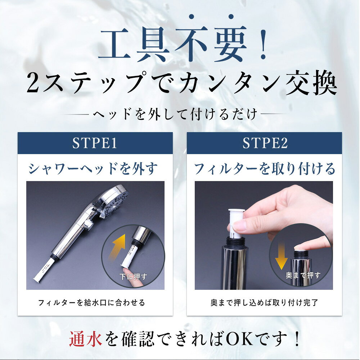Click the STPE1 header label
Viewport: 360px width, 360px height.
point(95,143)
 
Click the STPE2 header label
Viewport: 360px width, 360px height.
point(265,143)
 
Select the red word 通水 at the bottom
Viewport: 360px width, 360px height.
point(86,339)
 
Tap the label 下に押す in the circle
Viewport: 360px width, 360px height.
point(133,277)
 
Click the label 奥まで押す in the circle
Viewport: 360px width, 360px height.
point(303,275)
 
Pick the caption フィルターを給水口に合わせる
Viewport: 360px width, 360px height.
point(91,303)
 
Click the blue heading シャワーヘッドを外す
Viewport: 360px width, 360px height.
point(93,168)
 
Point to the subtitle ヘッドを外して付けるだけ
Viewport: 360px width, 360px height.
point(175,114)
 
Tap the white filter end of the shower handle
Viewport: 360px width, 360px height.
point(45,269)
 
